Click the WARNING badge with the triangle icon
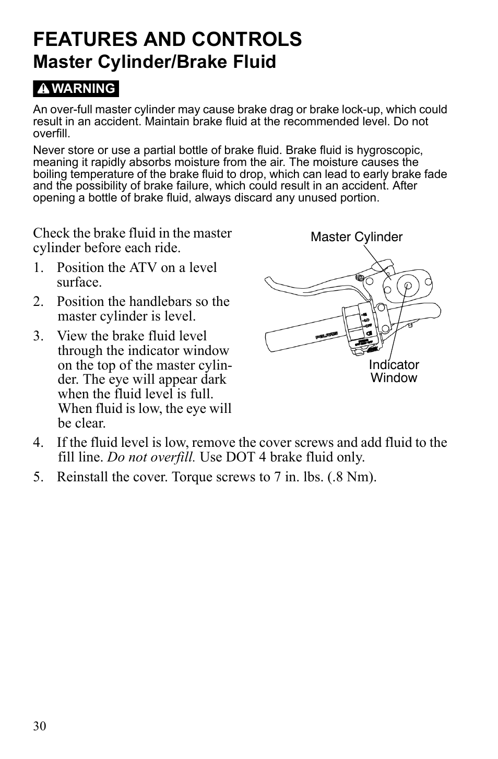point(76,89)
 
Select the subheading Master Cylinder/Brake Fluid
point(155,62)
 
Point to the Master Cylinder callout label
point(357,237)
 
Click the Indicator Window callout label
point(394,371)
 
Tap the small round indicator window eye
point(408,285)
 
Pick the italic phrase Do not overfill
point(151,457)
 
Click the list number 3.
point(37,336)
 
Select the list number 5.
point(37,477)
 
